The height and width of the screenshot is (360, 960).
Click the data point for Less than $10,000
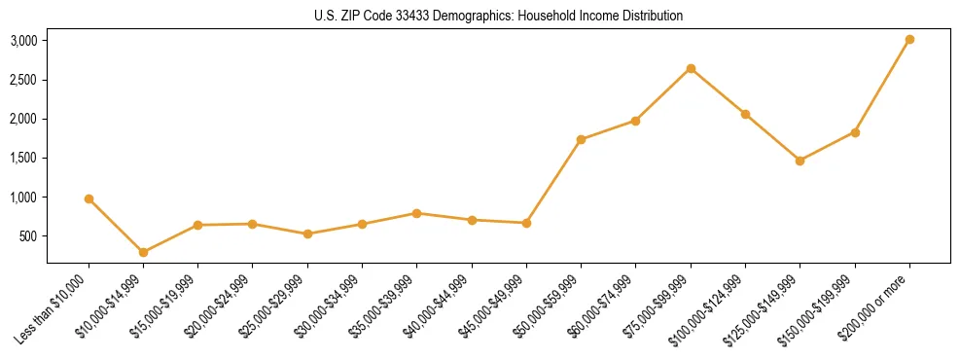point(89,198)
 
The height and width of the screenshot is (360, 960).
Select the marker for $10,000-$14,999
point(143,252)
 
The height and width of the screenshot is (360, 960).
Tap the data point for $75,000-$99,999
point(691,68)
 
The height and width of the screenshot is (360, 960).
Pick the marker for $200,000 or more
point(909,39)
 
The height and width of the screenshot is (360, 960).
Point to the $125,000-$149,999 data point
point(800,161)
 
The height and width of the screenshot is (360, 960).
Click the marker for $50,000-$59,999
point(581,139)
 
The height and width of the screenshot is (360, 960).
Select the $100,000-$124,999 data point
point(745,114)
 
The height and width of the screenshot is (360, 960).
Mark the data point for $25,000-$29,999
point(307,234)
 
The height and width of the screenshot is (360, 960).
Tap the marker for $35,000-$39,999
point(416,213)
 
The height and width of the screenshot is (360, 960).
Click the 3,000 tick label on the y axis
point(23,41)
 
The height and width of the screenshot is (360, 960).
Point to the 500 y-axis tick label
point(29,236)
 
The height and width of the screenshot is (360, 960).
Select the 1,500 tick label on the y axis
point(23,158)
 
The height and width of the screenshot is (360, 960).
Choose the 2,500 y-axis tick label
point(23,80)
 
